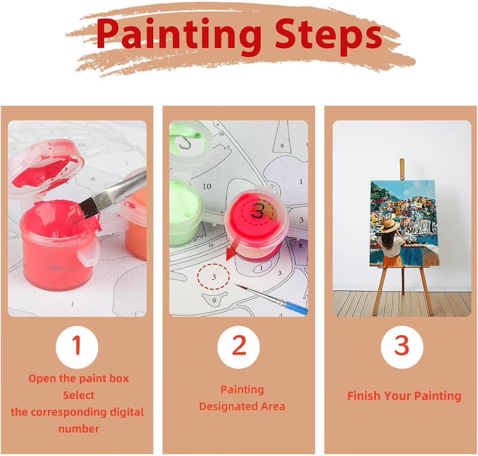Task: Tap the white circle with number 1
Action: (x=77, y=347)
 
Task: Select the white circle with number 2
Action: (x=238, y=347)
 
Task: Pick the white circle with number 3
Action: (x=402, y=347)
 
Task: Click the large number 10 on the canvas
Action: (x=207, y=186)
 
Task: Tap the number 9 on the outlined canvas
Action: (x=214, y=300)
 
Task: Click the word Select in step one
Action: (x=78, y=395)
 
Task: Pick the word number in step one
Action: (x=79, y=429)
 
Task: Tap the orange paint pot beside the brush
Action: (x=136, y=219)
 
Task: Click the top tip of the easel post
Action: (x=402, y=159)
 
